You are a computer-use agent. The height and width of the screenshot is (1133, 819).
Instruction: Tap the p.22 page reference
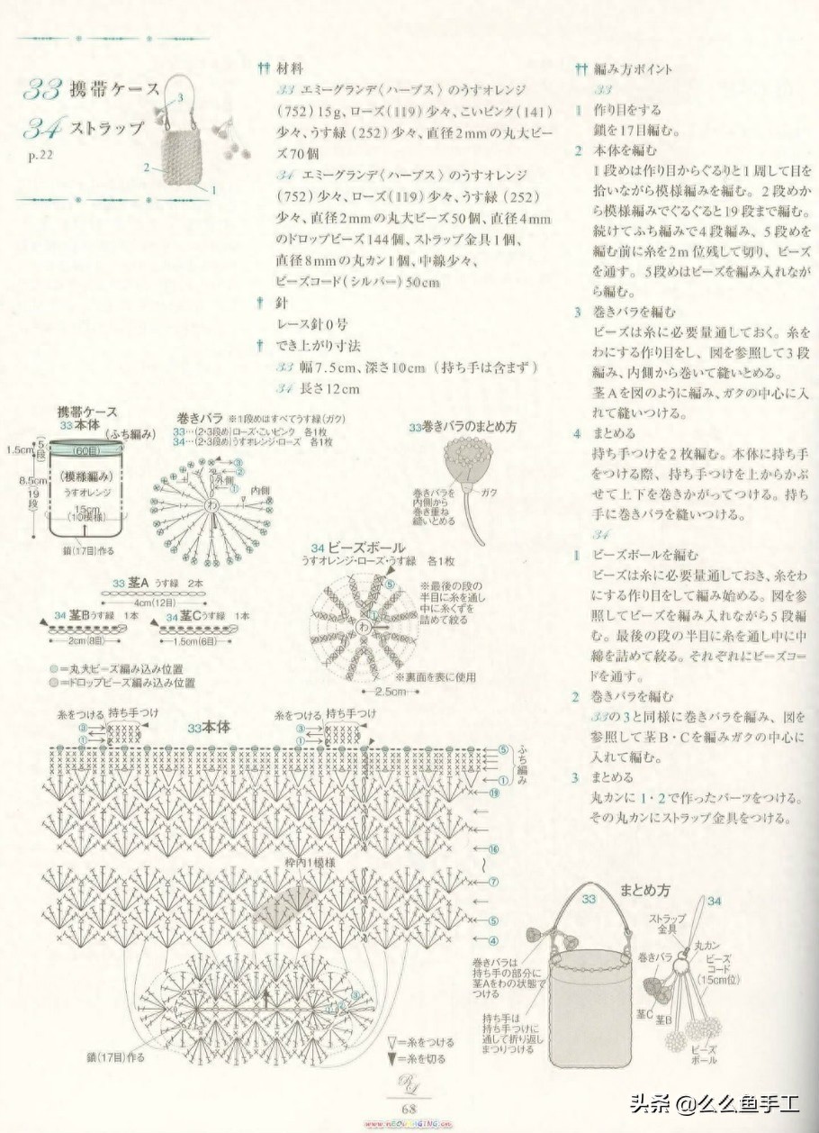tap(40, 155)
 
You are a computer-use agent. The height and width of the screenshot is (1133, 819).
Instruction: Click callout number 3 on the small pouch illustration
tap(182, 96)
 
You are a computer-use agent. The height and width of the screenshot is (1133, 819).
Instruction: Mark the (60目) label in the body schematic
tap(88, 449)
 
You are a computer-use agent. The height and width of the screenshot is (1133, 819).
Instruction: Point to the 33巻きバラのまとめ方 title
tap(462, 427)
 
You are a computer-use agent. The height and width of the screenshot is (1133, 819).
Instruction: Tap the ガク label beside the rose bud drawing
tap(490, 493)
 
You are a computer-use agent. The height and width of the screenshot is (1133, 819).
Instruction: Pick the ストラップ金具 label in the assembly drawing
tap(663, 923)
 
